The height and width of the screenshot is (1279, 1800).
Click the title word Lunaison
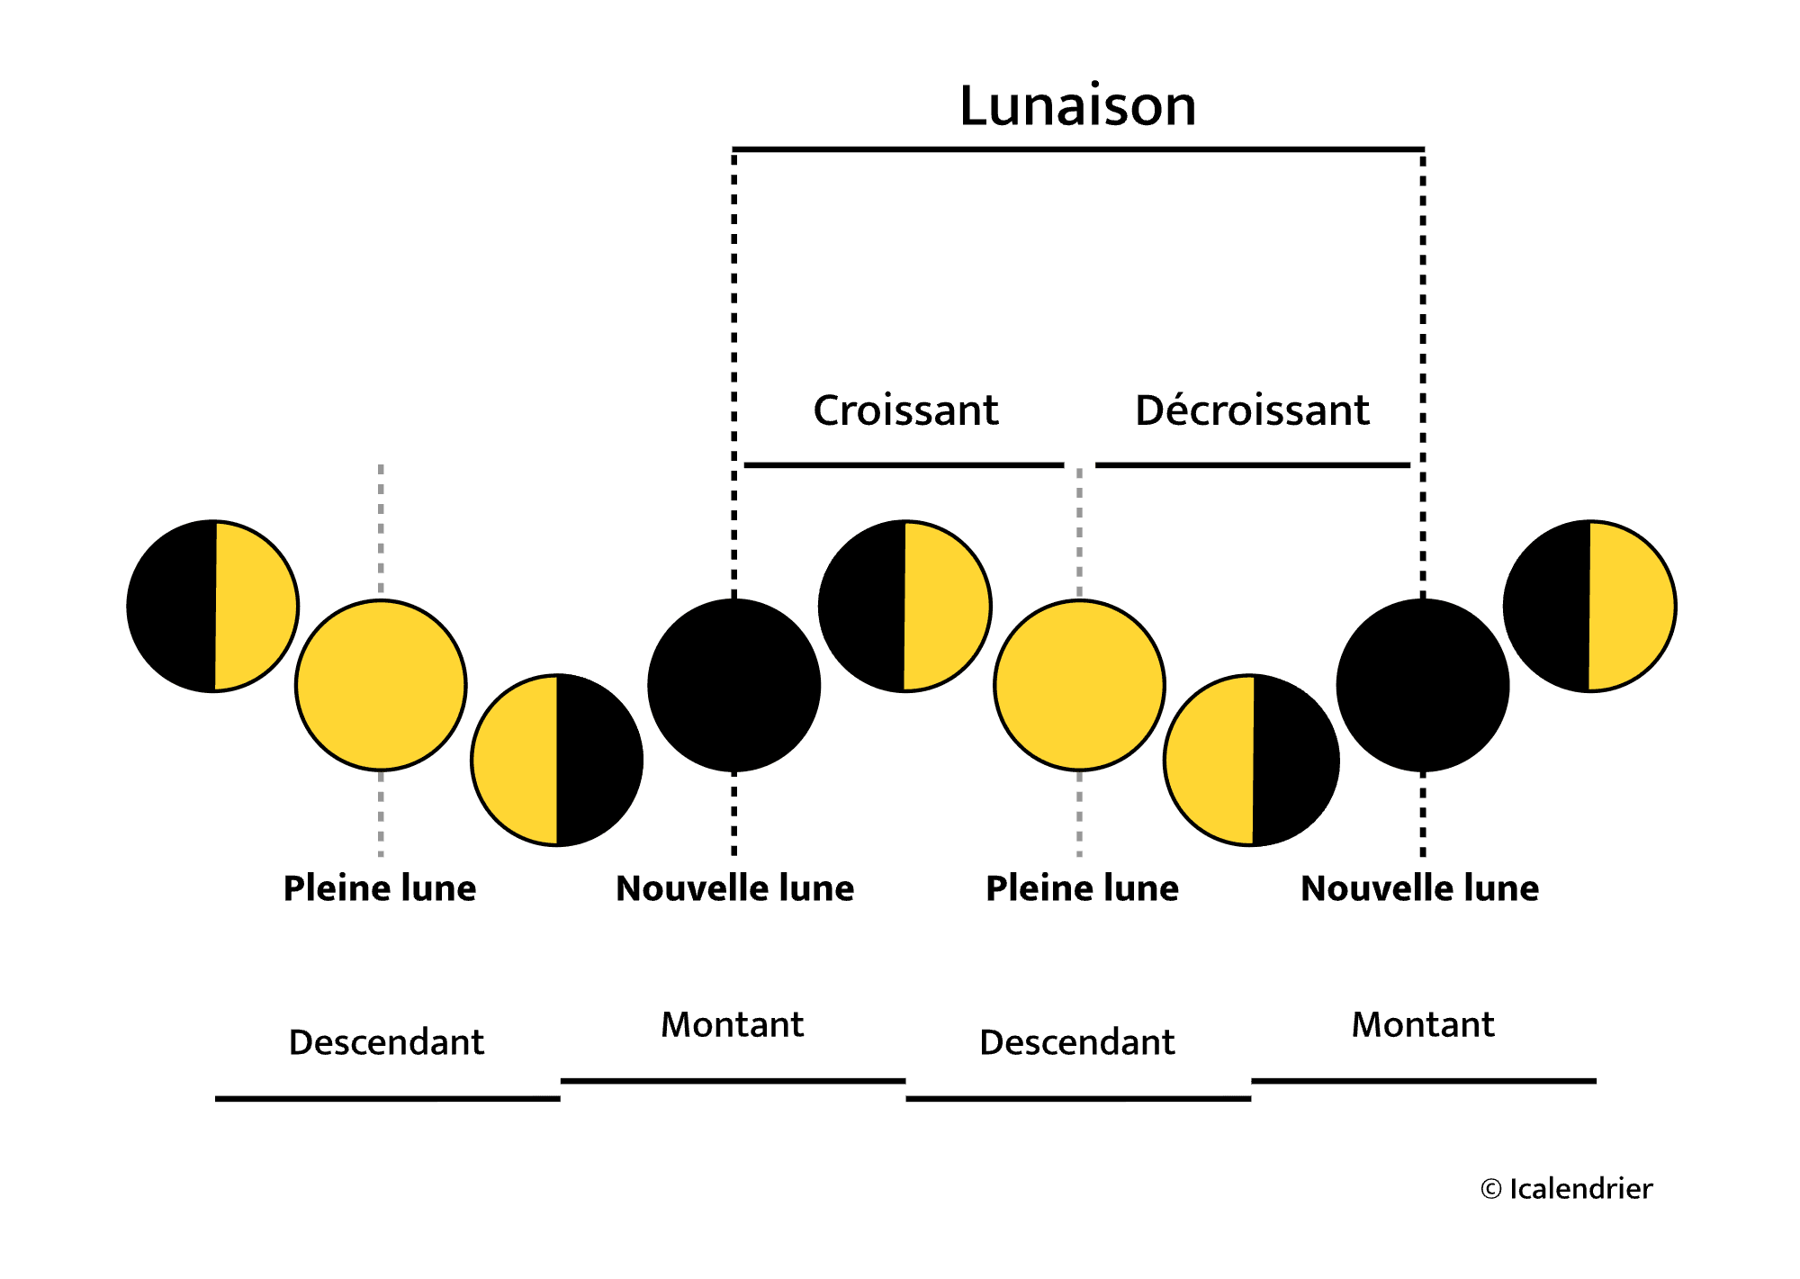coord(1077,106)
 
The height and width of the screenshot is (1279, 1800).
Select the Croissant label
coord(905,410)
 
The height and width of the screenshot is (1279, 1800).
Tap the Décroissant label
coord(1252,410)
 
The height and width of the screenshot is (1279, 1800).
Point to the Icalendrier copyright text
coord(1567,1189)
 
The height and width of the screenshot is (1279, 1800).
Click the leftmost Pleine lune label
coord(380,888)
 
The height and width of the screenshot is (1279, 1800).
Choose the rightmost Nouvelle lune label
coord(1419,888)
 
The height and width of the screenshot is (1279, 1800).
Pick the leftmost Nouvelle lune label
coord(734,888)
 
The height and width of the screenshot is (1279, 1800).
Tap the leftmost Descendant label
coord(386,1042)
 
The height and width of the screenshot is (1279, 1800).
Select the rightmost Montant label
coord(1423,1024)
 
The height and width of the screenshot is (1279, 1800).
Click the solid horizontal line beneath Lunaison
coord(1077,149)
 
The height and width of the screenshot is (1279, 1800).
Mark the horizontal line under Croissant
coord(904,465)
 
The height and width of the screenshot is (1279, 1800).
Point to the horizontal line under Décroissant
coord(1252,465)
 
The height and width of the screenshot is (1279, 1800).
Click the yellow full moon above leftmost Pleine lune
coord(381,685)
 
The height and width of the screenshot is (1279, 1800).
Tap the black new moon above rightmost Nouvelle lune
coord(1423,685)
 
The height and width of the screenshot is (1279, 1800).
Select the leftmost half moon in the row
coord(213,606)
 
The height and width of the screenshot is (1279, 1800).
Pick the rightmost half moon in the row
coord(1589,606)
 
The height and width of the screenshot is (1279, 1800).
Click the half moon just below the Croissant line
coord(904,606)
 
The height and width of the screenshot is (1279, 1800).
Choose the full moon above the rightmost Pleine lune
coord(1079,685)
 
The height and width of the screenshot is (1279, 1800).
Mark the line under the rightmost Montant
coord(1423,1080)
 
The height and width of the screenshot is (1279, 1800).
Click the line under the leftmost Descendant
coord(387,1098)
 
